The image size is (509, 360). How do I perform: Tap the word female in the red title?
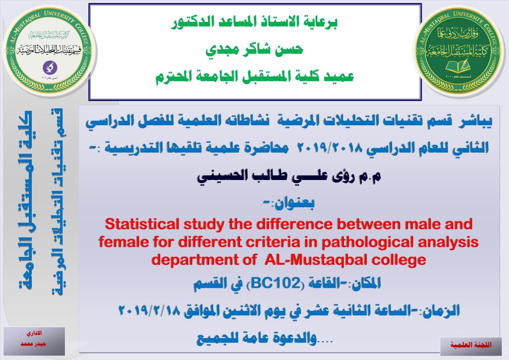point(119,242)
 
